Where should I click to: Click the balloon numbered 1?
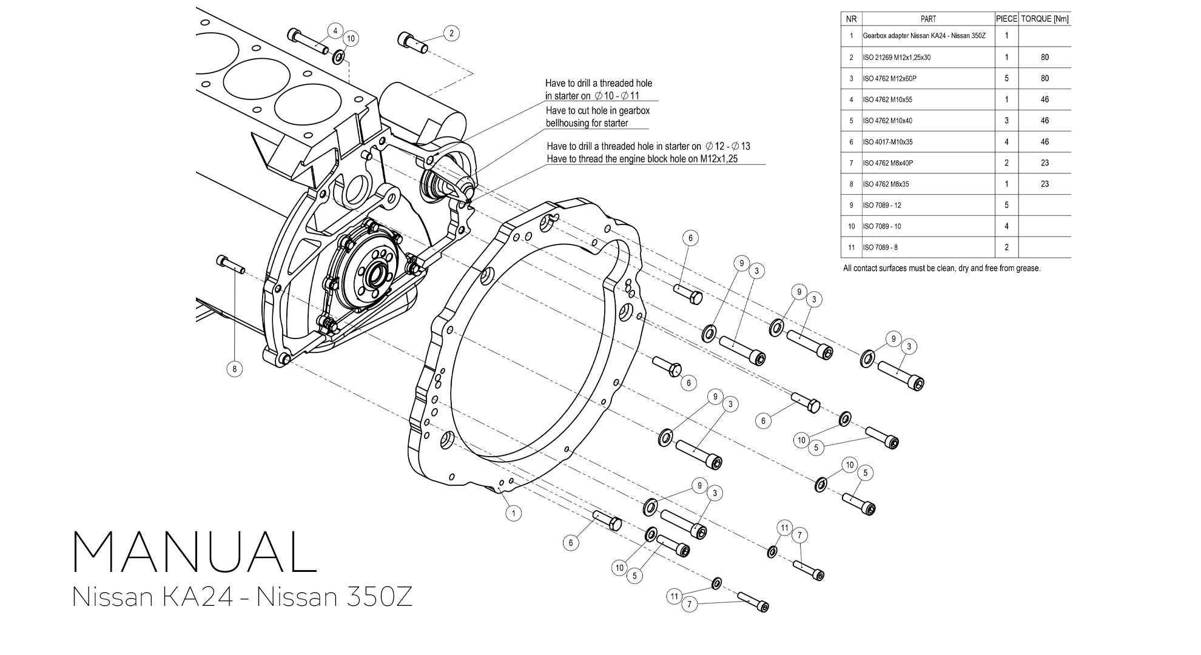tap(513, 513)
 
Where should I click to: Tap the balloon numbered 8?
tap(234, 368)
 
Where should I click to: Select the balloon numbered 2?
tap(451, 33)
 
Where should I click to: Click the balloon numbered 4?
tap(335, 31)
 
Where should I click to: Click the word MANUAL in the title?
tap(195, 553)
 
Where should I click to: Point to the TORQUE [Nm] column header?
tap(1045, 19)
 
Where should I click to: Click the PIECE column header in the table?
tap(1006, 19)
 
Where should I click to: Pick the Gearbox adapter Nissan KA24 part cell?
tap(924, 36)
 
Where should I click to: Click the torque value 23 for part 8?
tap(1045, 184)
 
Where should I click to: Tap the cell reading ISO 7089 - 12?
tap(882, 205)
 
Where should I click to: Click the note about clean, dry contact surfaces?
tap(941, 268)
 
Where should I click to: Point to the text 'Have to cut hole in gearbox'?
tap(597, 111)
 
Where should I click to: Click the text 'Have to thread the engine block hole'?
tap(642, 160)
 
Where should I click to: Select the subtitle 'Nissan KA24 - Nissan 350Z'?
tap(242, 597)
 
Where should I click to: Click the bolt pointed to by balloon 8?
tap(230, 264)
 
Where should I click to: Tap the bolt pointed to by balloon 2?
tap(412, 42)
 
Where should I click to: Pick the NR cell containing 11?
tap(851, 247)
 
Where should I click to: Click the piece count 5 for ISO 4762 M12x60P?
tap(1006, 78)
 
